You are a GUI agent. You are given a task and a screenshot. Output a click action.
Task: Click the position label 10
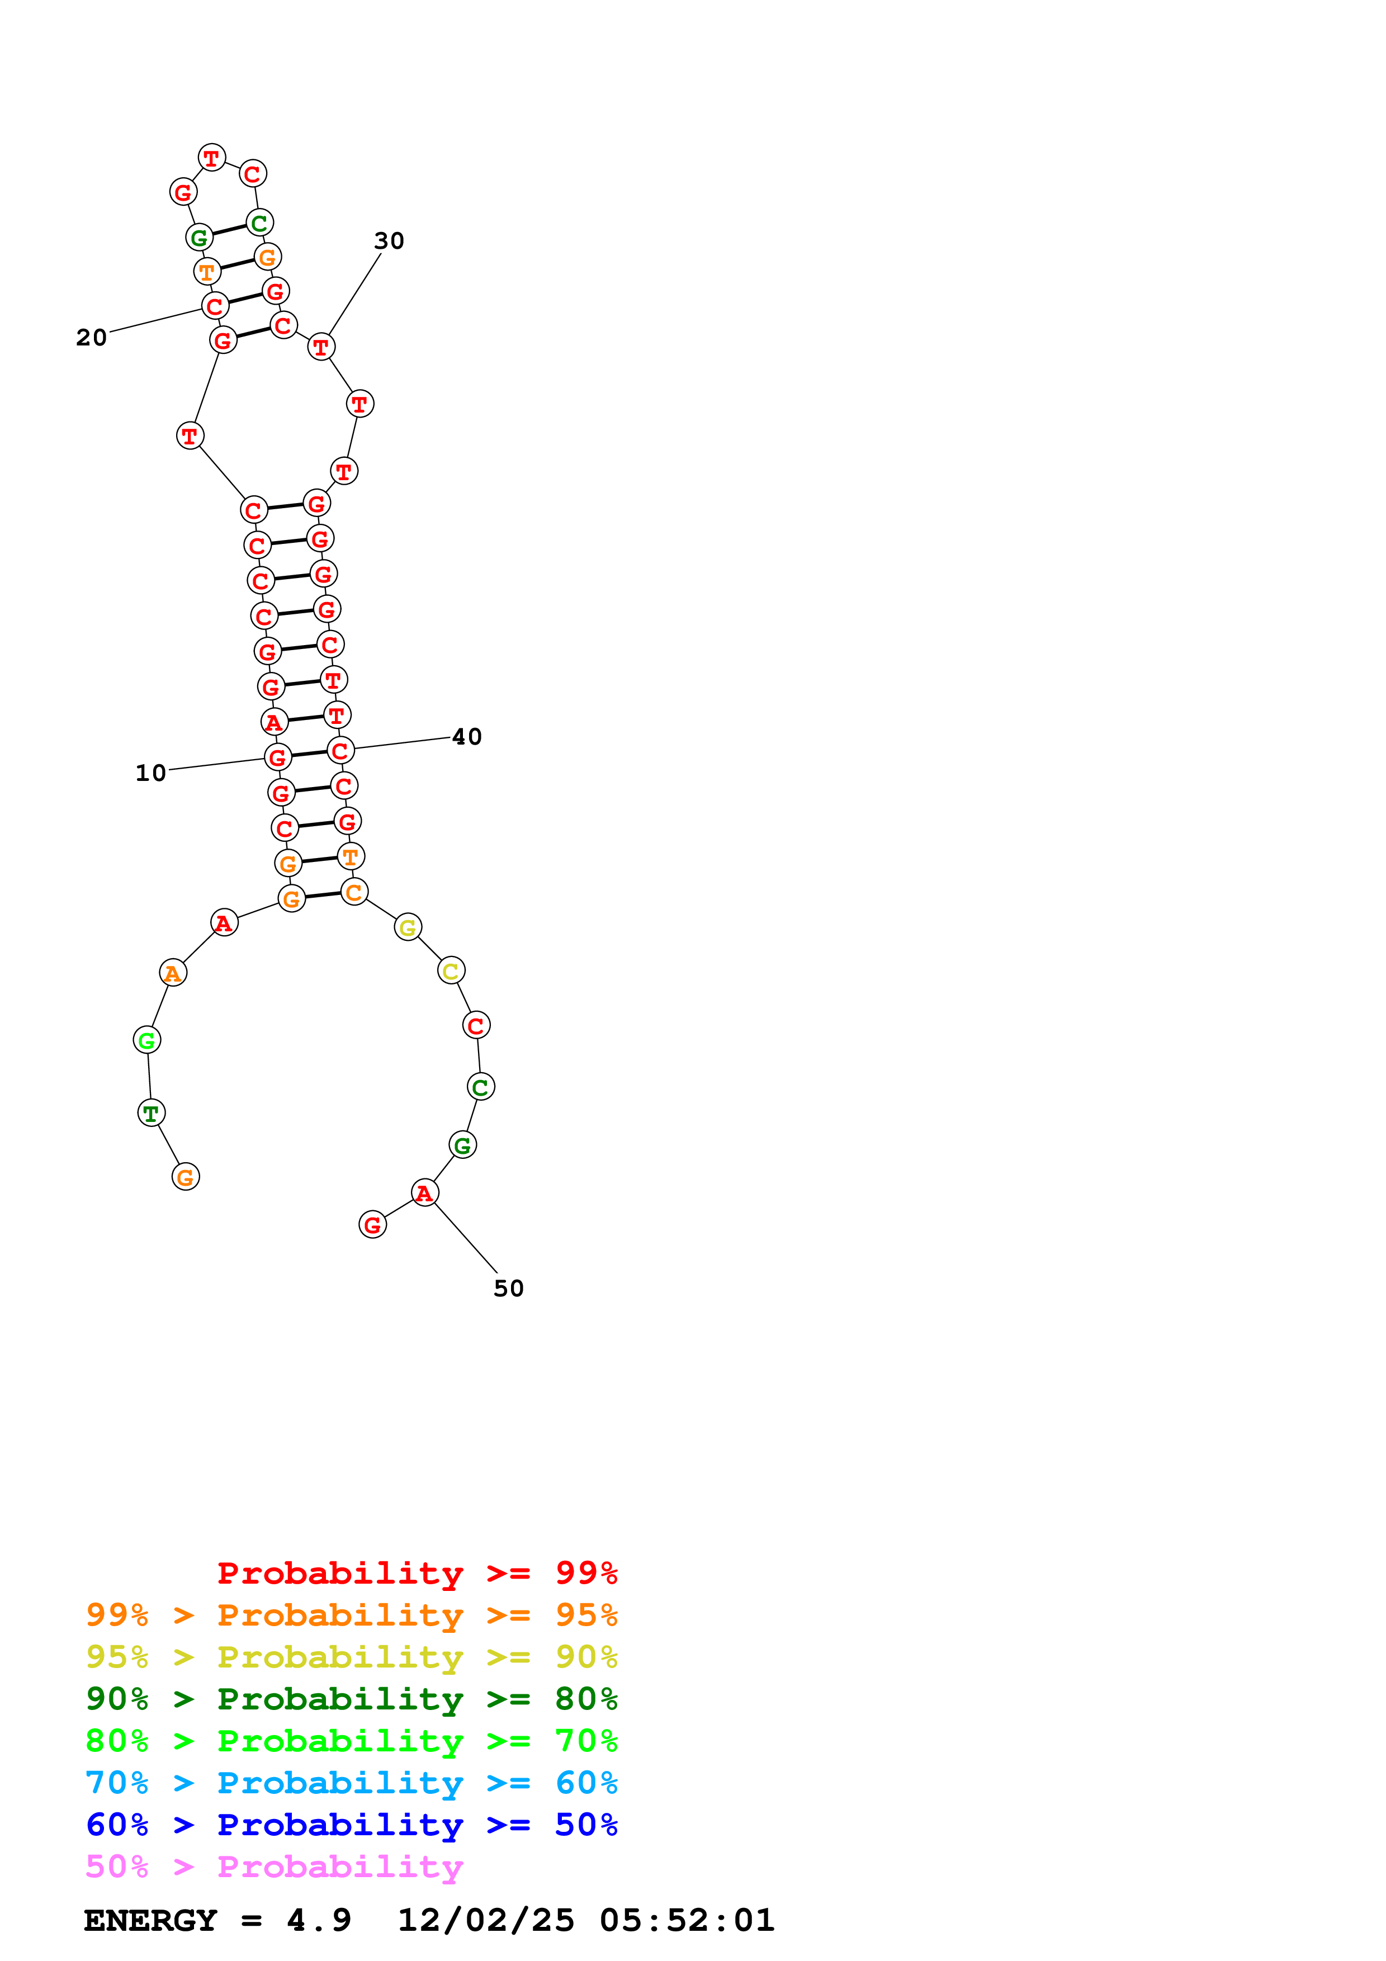click(150, 773)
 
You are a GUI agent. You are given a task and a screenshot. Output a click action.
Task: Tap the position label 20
click(91, 338)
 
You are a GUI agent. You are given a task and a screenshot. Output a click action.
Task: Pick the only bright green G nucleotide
click(147, 1040)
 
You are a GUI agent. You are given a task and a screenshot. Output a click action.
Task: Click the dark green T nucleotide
click(151, 1113)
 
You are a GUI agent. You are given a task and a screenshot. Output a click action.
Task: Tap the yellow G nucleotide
click(408, 927)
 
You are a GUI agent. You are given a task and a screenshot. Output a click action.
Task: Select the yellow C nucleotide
click(451, 971)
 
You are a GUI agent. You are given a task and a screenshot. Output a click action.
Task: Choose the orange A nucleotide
click(173, 973)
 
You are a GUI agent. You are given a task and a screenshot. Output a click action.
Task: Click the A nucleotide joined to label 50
click(424, 1193)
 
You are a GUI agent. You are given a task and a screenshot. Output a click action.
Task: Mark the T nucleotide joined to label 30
click(321, 347)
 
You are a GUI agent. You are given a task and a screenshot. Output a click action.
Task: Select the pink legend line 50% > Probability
click(273, 1866)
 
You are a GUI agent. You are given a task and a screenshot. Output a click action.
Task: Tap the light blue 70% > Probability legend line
click(351, 1783)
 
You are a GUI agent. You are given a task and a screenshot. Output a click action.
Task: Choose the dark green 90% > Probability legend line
click(351, 1699)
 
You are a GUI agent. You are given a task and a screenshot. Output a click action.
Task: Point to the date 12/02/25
click(485, 1920)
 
